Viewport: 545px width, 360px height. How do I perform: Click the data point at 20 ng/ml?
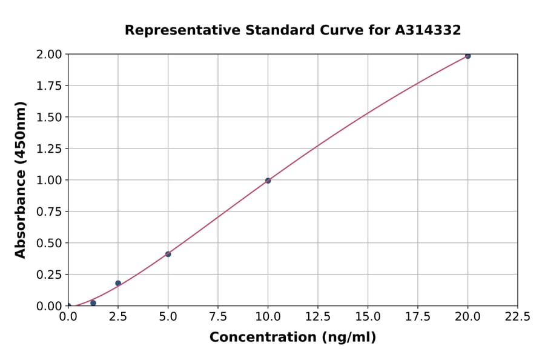click(x=467, y=56)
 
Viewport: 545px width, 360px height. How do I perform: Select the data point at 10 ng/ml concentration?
click(x=268, y=181)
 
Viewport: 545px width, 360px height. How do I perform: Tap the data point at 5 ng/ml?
click(x=168, y=254)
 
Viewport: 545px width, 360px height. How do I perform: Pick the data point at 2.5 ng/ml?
click(x=118, y=283)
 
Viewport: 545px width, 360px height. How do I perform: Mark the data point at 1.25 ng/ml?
click(x=93, y=303)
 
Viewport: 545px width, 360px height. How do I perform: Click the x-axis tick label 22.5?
click(x=517, y=317)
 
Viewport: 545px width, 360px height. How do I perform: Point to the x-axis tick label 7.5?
click(x=218, y=317)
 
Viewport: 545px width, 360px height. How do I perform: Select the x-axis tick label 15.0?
click(x=368, y=317)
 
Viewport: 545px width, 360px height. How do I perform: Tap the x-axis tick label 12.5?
click(x=318, y=317)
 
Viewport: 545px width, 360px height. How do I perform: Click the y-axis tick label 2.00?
click(x=49, y=55)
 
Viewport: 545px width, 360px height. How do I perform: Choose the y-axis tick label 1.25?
click(x=49, y=148)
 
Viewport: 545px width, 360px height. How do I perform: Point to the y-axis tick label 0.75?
click(x=49, y=212)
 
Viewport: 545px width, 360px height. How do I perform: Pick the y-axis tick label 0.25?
click(x=49, y=275)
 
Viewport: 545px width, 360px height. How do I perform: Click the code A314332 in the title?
click(x=428, y=30)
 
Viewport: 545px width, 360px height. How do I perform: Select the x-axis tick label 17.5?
click(x=417, y=317)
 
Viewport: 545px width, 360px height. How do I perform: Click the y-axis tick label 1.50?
click(x=49, y=117)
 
